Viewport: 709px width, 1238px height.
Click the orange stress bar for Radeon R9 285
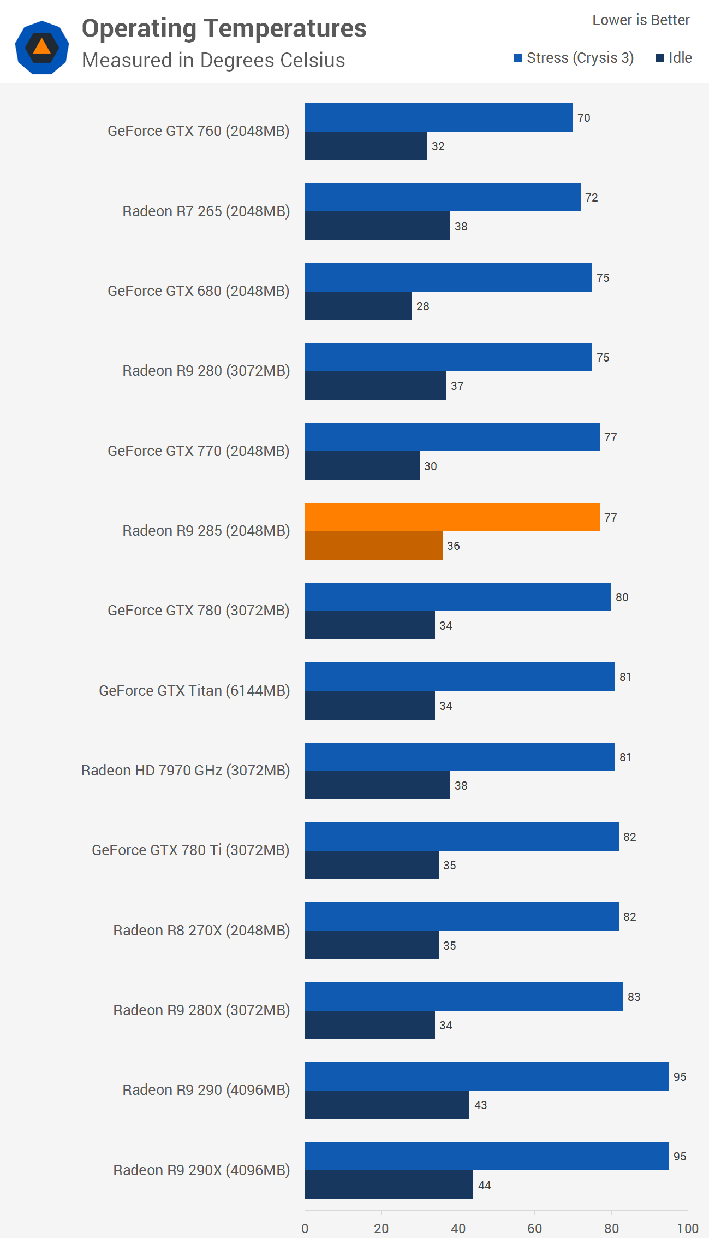452,517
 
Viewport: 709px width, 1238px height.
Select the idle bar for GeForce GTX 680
358,306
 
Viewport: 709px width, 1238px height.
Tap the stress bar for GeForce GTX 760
439,117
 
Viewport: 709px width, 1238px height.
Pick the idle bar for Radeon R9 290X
389,1184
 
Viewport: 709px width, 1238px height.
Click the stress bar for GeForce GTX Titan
460,677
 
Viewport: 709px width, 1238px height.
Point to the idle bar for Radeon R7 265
377,226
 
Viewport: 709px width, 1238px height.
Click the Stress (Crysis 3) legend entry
574,58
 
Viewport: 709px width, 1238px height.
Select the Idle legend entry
674,58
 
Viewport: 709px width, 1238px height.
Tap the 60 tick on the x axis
535,1228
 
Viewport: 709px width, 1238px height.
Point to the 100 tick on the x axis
688,1228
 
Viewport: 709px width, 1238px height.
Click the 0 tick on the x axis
305,1228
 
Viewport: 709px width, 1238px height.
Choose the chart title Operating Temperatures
224,28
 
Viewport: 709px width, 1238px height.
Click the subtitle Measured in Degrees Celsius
213,60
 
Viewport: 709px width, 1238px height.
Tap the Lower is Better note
641,20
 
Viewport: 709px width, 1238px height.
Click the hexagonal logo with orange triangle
42,48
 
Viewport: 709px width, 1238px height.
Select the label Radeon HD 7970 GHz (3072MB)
186,771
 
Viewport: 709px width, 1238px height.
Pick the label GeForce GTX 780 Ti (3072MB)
190,850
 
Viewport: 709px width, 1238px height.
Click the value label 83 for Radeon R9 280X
634,997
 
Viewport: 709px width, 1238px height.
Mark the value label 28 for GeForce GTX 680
423,306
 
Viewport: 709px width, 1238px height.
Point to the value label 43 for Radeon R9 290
480,1105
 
